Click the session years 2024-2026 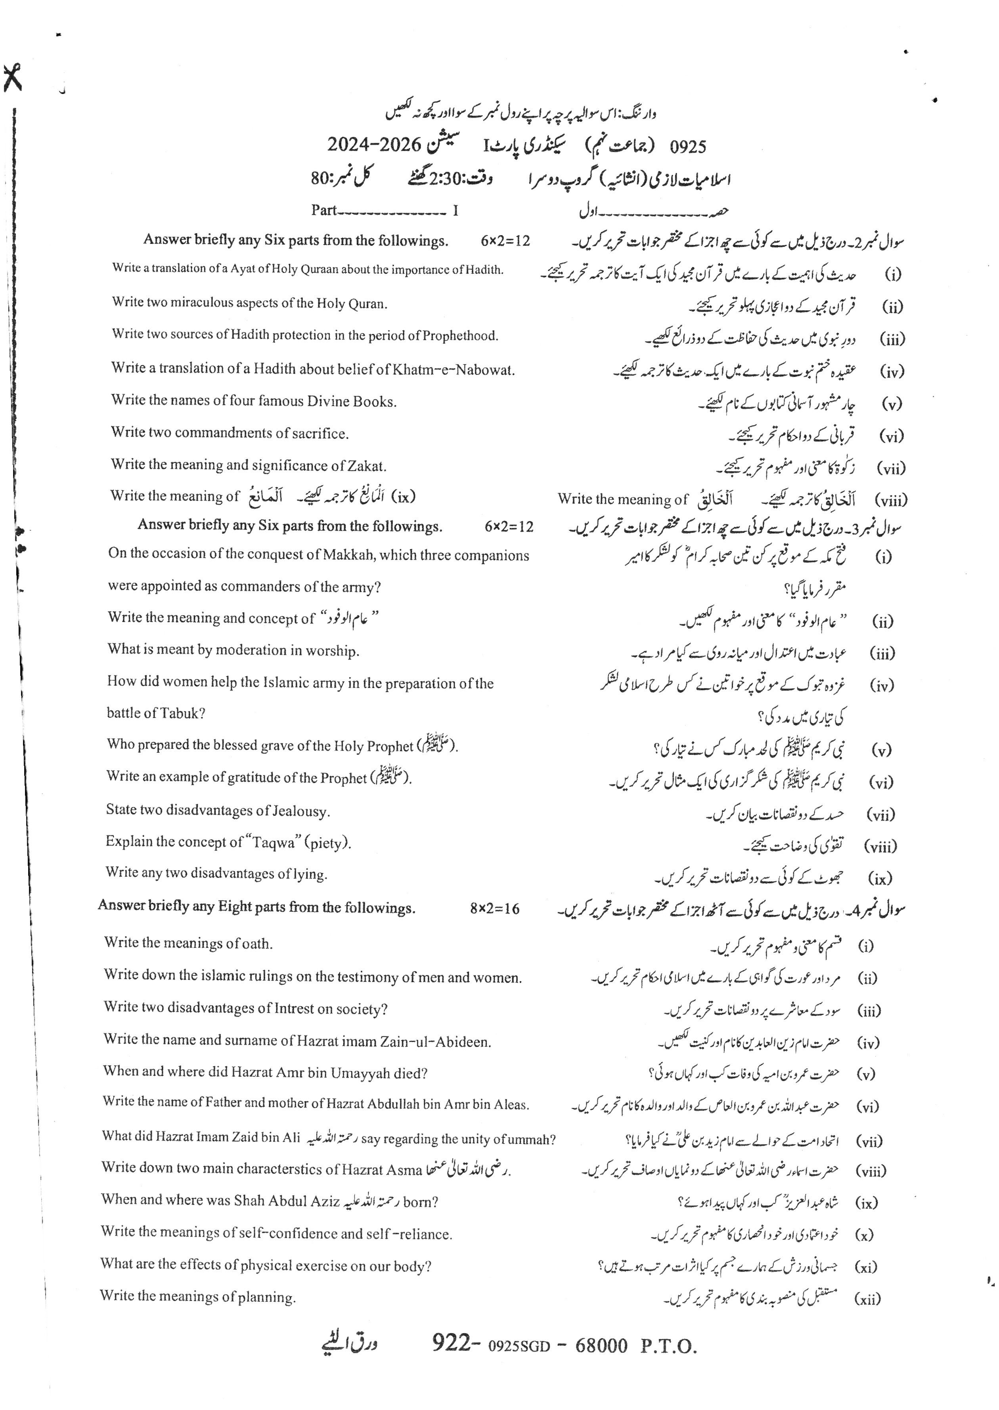(373, 145)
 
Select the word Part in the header (323, 211)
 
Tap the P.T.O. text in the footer (668, 1346)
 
